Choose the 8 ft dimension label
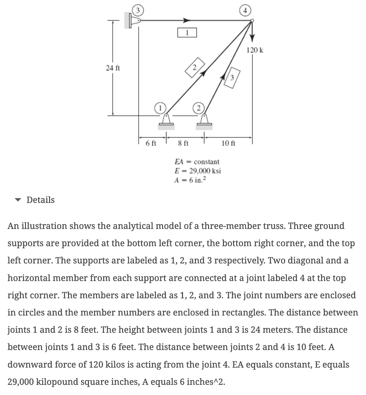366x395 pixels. tap(183, 143)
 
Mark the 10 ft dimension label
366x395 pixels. tap(228, 143)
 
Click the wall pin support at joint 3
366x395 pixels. tap(133, 21)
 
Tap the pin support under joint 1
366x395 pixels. tap(166, 122)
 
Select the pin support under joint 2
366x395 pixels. tap(204, 122)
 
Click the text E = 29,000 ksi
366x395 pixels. tap(197, 170)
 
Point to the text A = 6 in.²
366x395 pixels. tap(190, 180)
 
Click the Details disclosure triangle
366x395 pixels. tap(18, 200)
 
